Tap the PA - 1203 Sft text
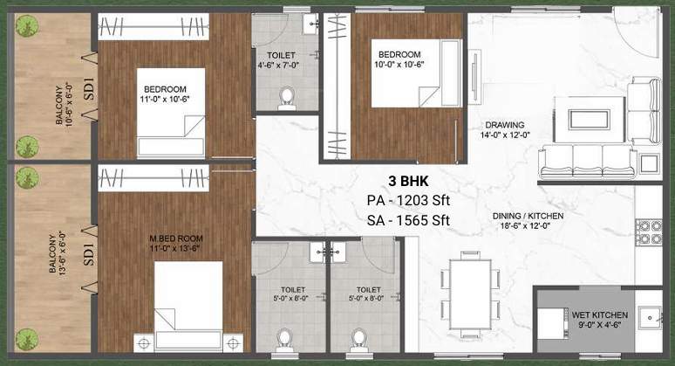pyautogui.click(x=408, y=201)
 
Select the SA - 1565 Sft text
pyautogui.click(x=408, y=220)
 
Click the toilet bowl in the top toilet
pyautogui.click(x=286, y=96)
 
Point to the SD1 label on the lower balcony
pyautogui.click(x=90, y=255)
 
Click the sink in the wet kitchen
pyautogui.click(x=649, y=315)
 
